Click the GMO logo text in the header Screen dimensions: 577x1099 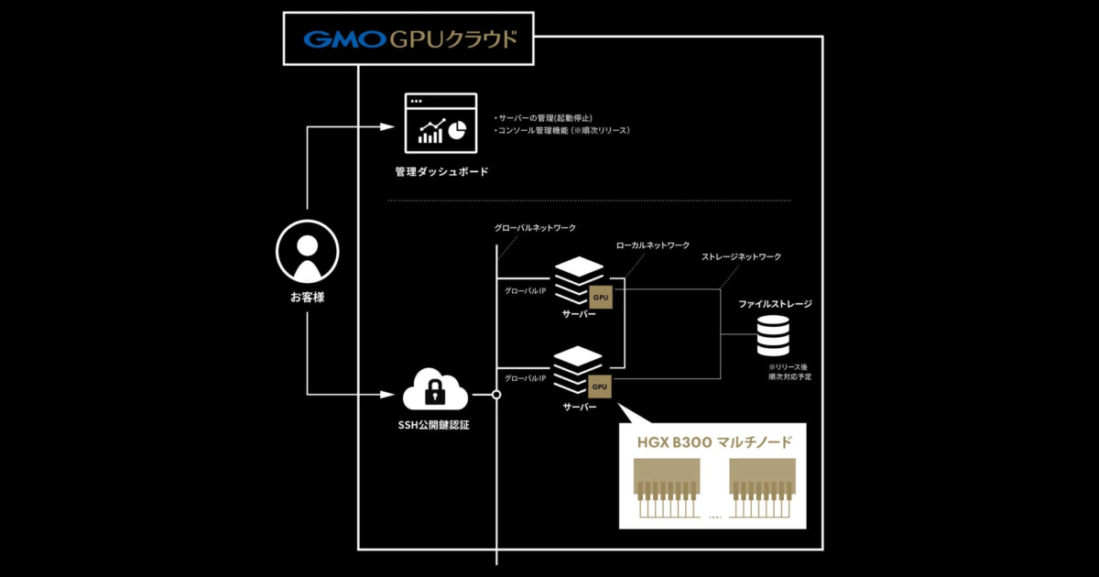click(343, 39)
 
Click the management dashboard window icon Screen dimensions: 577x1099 click(441, 124)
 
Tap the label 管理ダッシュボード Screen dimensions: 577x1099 click(441, 171)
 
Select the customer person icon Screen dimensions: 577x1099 click(308, 254)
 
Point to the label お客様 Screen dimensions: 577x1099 click(308, 297)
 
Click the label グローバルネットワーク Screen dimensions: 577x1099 click(535, 227)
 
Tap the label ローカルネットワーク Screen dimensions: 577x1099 click(653, 245)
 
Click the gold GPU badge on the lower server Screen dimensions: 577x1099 click(601, 386)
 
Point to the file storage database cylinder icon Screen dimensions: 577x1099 click(773, 336)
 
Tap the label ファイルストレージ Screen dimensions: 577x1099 click(775, 303)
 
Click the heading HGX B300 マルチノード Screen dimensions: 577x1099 click(713, 443)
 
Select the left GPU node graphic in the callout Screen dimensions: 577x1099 click(667, 490)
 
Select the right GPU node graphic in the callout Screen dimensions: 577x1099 click(760, 490)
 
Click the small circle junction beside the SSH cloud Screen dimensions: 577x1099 click(496, 396)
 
